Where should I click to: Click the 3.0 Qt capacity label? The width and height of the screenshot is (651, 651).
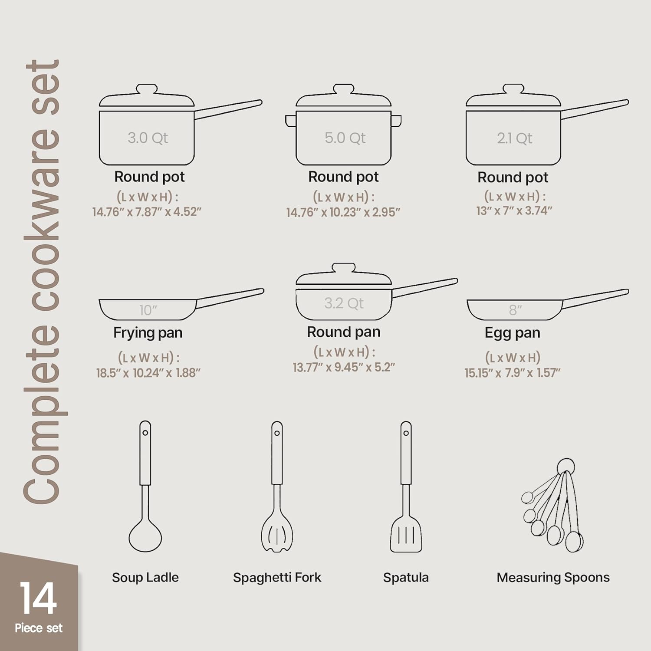pyautogui.click(x=148, y=138)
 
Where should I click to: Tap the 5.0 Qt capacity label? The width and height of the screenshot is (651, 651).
pyautogui.click(x=345, y=138)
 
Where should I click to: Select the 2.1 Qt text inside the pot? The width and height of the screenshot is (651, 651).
pyautogui.click(x=515, y=138)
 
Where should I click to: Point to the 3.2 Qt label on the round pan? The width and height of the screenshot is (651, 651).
pyautogui.click(x=344, y=303)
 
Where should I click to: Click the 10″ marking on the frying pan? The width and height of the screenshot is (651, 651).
pyautogui.click(x=148, y=310)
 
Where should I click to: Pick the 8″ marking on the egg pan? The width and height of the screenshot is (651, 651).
pyautogui.click(x=515, y=310)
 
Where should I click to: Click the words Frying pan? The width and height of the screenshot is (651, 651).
pyautogui.click(x=148, y=332)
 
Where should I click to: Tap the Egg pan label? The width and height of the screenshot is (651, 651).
pyautogui.click(x=512, y=332)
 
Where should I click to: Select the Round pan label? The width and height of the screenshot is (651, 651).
pyautogui.click(x=343, y=332)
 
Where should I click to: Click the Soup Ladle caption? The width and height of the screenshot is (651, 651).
pyautogui.click(x=145, y=577)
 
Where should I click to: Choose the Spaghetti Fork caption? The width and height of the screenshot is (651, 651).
pyautogui.click(x=277, y=577)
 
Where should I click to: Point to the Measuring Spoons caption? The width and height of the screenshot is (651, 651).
pyautogui.click(x=553, y=577)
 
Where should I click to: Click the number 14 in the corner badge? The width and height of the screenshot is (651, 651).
pyautogui.click(x=38, y=598)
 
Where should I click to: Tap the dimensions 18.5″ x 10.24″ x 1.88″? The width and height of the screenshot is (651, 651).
pyautogui.click(x=148, y=373)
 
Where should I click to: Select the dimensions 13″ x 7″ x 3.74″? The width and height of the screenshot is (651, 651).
pyautogui.click(x=514, y=211)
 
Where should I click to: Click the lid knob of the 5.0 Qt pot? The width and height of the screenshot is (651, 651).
pyautogui.click(x=343, y=89)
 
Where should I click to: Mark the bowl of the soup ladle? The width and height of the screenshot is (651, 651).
pyautogui.click(x=145, y=537)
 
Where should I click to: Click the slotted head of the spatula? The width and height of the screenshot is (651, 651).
pyautogui.click(x=406, y=536)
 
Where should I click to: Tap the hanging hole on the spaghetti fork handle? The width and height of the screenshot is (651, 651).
pyautogui.click(x=277, y=433)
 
